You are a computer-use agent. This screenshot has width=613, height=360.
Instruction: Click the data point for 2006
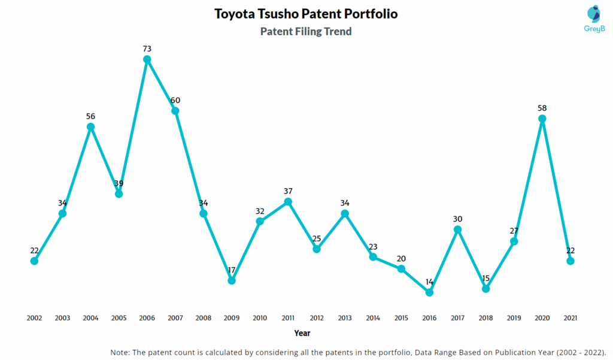pyautogui.click(x=147, y=59)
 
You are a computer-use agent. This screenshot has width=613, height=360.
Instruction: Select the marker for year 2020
pyautogui.click(x=542, y=119)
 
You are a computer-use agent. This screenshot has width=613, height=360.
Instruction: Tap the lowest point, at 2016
pyautogui.click(x=429, y=292)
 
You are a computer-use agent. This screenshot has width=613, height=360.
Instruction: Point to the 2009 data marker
pyautogui.click(x=232, y=280)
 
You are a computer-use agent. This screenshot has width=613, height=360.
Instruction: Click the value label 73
pyautogui.click(x=147, y=49)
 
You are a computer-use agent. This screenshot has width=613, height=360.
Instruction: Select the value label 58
pyautogui.click(x=542, y=108)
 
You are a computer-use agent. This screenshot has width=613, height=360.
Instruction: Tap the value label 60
pyautogui.click(x=175, y=100)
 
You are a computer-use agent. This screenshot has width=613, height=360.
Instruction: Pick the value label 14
pyautogui.click(x=429, y=282)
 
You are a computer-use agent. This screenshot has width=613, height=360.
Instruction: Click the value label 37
pyautogui.click(x=288, y=191)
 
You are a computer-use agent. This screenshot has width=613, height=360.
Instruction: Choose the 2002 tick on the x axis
pyautogui.click(x=34, y=318)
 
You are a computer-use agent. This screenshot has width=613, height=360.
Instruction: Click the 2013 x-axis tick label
pyautogui.click(x=345, y=318)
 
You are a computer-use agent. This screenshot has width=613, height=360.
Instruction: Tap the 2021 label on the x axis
pyautogui.click(x=570, y=318)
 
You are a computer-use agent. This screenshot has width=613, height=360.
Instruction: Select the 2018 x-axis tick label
pyautogui.click(x=486, y=318)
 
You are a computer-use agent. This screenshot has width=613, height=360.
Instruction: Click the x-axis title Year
pyautogui.click(x=302, y=333)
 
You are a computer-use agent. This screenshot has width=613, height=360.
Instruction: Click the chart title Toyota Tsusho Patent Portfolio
pyautogui.click(x=306, y=14)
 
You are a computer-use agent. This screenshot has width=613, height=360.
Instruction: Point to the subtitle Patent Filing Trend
pyautogui.click(x=306, y=32)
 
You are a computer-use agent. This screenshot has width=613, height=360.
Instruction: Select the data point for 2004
pyautogui.click(x=90, y=127)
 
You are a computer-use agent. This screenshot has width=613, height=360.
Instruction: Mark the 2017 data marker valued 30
pyautogui.click(x=458, y=229)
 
